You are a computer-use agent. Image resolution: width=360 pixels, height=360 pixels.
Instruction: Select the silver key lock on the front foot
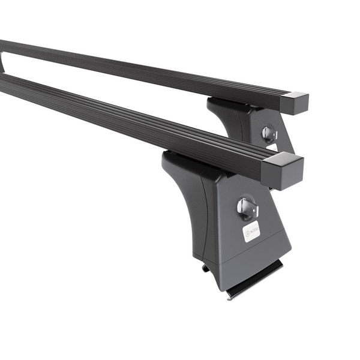coord(247,208)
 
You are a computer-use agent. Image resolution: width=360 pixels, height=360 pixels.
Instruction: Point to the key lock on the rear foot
coord(269,133)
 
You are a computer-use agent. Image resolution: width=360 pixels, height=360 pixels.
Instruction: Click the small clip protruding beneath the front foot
coord(206,268)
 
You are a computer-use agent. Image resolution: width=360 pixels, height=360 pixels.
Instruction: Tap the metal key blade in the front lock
coord(247,210)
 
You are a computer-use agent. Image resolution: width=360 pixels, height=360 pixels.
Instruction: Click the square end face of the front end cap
coord(290,173)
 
